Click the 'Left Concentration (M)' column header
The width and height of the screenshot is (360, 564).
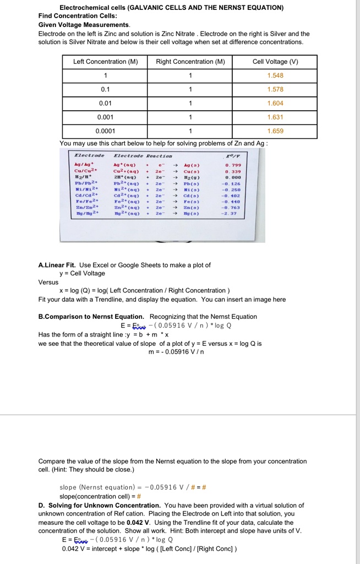105,62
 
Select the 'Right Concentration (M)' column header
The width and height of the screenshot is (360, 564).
190,62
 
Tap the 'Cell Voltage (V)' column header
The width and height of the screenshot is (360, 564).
275,62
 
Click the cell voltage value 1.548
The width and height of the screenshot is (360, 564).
275,75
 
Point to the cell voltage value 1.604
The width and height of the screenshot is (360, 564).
275,104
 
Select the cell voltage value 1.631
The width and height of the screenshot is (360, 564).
275,117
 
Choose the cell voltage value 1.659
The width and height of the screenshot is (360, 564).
275,131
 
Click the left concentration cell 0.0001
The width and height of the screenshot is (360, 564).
105,131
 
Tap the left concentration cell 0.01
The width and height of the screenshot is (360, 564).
105,104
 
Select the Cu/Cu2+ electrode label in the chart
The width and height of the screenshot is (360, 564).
84,171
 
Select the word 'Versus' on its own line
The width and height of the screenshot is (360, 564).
48,282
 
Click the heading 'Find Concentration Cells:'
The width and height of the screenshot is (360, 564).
74,16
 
